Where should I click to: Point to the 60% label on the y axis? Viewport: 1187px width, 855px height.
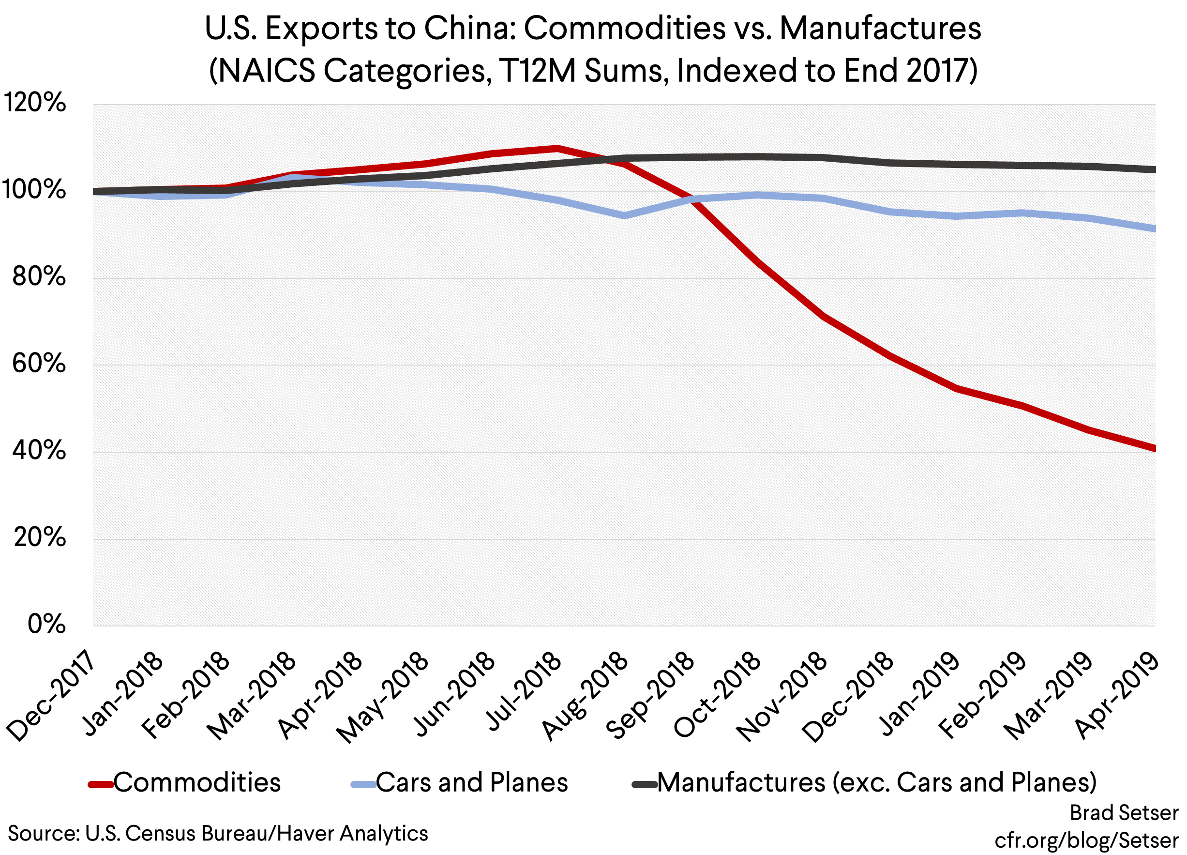tap(39, 364)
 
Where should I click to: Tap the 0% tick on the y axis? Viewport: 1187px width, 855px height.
tap(46, 624)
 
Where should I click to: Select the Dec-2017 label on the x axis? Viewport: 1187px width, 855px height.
tap(51, 696)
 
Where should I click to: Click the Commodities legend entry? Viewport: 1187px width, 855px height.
tap(197, 783)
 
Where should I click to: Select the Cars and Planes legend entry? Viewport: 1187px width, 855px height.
tap(471, 783)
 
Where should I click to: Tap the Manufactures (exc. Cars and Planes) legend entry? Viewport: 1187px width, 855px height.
tap(877, 783)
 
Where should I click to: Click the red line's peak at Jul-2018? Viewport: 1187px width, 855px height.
tap(557, 149)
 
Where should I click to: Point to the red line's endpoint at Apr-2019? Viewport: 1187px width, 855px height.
tap(1154, 448)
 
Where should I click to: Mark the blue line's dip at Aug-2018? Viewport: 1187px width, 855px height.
tap(624, 215)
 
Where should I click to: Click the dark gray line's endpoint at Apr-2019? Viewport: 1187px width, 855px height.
tap(1154, 169)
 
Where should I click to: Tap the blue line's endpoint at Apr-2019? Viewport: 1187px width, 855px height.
tap(1154, 229)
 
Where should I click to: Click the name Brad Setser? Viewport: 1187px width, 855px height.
tap(1124, 813)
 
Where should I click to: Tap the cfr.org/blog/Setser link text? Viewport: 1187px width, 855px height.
tap(1086, 840)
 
